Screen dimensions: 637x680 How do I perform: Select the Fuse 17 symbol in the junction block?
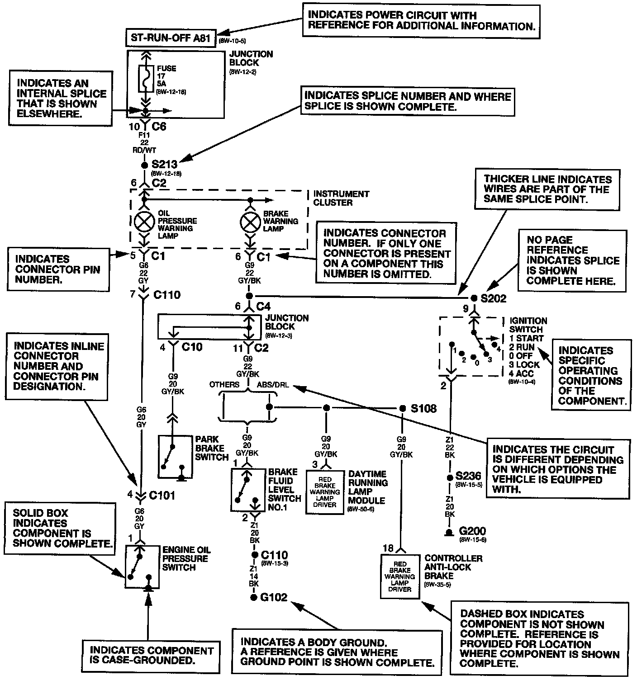pos(146,78)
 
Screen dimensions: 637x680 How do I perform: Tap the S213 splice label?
pos(164,164)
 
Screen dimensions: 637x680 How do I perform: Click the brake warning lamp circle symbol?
pos(251,222)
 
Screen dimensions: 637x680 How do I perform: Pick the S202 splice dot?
pos(474,298)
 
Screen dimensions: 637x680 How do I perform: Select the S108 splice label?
pos(423,408)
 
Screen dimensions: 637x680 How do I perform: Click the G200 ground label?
pos(472,531)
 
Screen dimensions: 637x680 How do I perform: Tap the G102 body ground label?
pos(274,597)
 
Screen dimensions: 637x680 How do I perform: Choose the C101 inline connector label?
pos(162,495)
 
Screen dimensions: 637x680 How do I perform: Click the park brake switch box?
pos(175,456)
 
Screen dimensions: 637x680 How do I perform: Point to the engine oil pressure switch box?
pos(142,567)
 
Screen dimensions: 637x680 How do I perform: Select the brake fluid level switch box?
pos(248,490)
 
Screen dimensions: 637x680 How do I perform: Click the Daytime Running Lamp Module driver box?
pos(325,492)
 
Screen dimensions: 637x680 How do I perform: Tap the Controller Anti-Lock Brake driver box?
pos(400,576)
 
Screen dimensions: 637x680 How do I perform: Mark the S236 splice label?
pos(468,476)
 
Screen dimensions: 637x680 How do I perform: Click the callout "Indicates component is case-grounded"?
pos(151,655)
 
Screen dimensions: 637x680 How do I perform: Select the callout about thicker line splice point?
pos(547,189)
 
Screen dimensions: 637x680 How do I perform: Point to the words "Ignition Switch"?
pos(528,325)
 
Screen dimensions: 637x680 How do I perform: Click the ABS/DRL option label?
pos(273,385)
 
